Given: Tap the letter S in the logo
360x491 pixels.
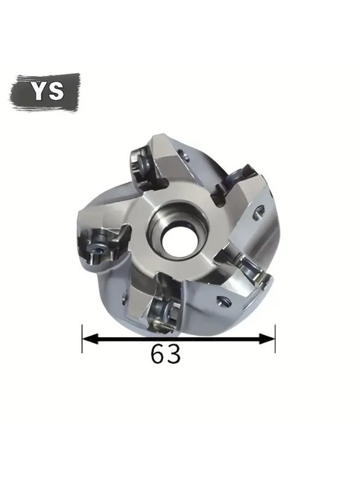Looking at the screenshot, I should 55,91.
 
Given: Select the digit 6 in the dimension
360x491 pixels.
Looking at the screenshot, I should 158,355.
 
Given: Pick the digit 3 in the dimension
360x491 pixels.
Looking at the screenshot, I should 173,355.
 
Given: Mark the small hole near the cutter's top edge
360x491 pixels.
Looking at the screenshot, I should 186,158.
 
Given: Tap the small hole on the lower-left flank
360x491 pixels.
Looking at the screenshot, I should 125,297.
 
